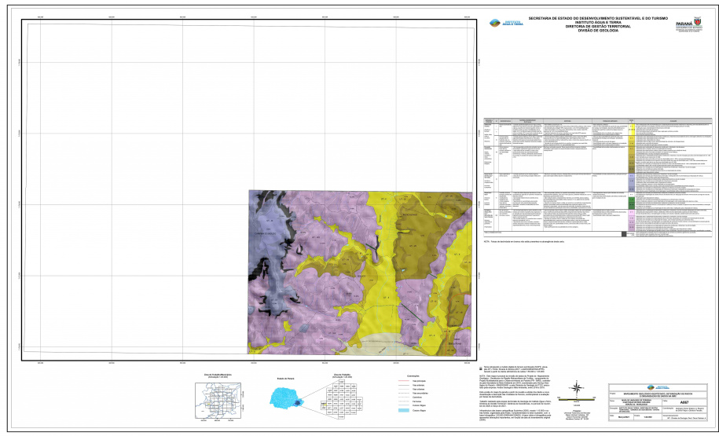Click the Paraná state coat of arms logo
(x=688, y=25)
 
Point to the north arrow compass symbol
(x=578, y=387)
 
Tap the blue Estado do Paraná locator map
(x=283, y=400)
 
